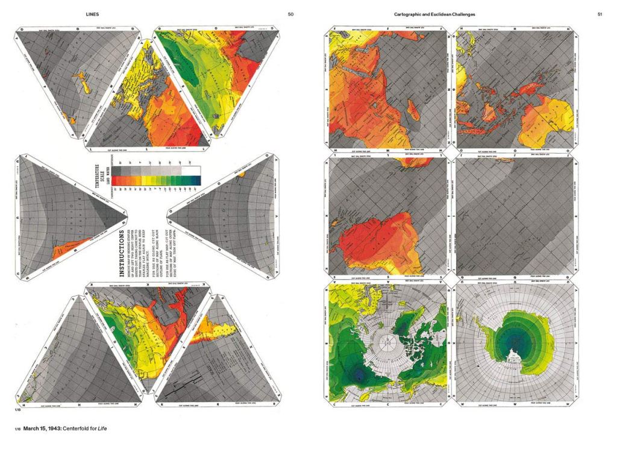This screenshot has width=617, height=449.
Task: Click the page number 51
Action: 600,13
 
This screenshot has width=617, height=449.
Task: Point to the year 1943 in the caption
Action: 54,429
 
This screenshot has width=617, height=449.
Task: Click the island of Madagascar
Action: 412,110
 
